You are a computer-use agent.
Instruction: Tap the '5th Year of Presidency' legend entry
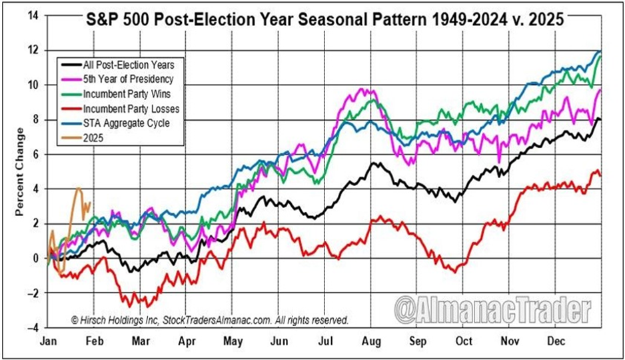pyautogui.click(x=117, y=79)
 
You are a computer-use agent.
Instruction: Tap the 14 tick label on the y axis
pyautogui.click(x=34, y=15)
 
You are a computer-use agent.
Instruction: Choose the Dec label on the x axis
pyautogui.click(x=555, y=341)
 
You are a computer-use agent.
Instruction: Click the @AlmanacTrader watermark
pyautogui.click(x=492, y=310)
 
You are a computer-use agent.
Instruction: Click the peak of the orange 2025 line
pyautogui.click(x=79, y=189)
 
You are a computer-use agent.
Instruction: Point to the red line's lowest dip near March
pyautogui.click(x=131, y=305)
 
